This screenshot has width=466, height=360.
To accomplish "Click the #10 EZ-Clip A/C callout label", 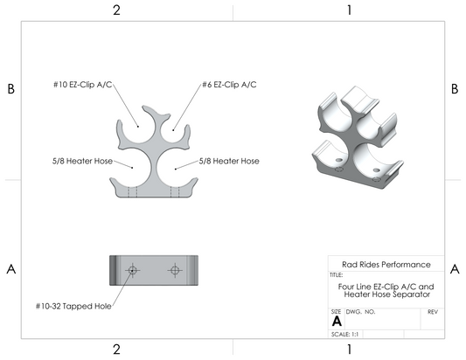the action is [x=82, y=85].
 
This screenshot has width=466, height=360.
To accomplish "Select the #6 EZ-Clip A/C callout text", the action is [x=229, y=85].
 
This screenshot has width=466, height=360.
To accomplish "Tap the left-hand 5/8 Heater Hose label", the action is [x=82, y=161].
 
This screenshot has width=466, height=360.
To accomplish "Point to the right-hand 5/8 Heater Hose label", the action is [x=229, y=161].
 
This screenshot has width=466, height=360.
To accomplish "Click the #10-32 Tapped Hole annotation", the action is [x=73, y=306].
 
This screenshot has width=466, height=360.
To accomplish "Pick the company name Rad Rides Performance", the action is [x=386, y=265].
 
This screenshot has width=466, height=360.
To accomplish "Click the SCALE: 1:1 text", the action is [x=344, y=334].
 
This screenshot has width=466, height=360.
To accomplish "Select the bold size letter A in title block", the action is [x=337, y=321].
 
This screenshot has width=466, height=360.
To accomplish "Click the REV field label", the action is [x=433, y=312].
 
